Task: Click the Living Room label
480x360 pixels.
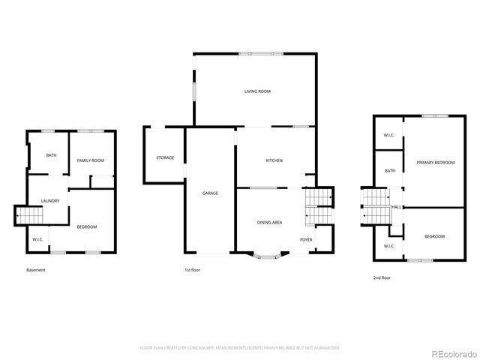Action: (257, 91)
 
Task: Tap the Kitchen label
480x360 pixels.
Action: (274, 161)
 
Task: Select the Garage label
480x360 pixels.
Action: (210, 193)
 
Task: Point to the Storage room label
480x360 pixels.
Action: (165, 157)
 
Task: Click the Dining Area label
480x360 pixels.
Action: (269, 222)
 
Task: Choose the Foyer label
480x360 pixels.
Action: (306, 239)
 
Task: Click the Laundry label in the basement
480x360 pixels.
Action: (50, 200)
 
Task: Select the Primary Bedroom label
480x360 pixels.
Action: (436, 163)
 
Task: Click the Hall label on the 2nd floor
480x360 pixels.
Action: (395, 207)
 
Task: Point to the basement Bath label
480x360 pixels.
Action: (51, 155)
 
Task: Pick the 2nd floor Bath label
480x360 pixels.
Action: (390, 170)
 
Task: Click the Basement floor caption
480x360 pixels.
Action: (36, 270)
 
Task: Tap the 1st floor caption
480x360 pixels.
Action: (193, 270)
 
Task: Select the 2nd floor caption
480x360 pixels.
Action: (382, 277)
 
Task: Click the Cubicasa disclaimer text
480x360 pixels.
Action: (240, 347)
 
